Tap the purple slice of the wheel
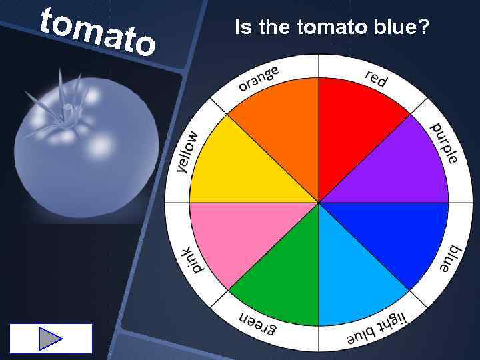400,170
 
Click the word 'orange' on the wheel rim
259,78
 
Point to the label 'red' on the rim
376,77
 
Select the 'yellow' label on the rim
189,151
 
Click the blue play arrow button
51,339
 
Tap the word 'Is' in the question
241,27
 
